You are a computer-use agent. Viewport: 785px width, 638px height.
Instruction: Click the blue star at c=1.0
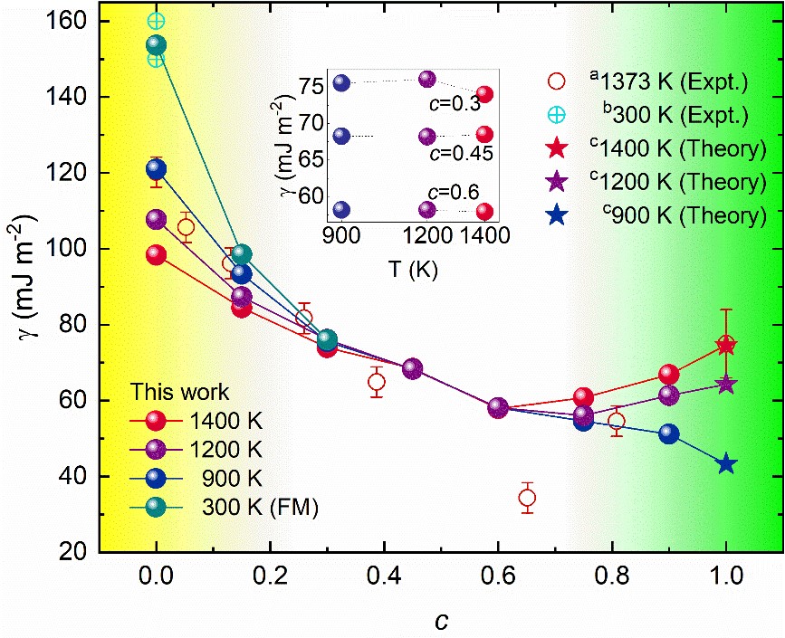coord(726,464)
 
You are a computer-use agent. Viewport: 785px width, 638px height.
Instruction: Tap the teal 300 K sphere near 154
coord(157,46)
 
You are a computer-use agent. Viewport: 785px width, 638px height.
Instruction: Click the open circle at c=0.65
coord(527,498)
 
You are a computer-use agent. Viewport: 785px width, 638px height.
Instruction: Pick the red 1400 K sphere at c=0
coord(157,255)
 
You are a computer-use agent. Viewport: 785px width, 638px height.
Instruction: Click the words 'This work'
coord(180,392)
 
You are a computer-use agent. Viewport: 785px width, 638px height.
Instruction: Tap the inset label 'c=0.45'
coord(459,153)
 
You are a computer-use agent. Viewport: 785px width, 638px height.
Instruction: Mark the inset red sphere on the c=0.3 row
coord(485,94)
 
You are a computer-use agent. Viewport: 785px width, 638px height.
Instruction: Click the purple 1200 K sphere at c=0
coord(157,220)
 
